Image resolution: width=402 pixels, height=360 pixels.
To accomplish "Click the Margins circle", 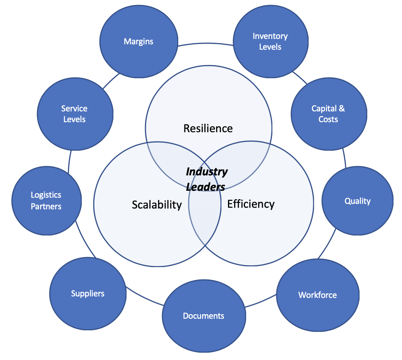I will pyautogui.click(x=138, y=42).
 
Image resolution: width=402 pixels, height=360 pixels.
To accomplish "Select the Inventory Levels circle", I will pyautogui.click(x=270, y=42).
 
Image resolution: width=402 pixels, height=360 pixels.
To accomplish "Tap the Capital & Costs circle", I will pyautogui.click(x=328, y=114).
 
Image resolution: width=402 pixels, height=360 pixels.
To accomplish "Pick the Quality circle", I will pyautogui.click(x=357, y=201).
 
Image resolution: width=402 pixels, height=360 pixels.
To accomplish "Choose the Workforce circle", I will pyautogui.click(x=317, y=295).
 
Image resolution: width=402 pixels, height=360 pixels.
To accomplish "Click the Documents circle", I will pyautogui.click(x=204, y=316).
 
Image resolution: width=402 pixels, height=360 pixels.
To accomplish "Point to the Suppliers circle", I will pyautogui.click(x=88, y=294).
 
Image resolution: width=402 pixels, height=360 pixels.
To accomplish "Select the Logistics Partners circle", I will pyautogui.click(x=46, y=201).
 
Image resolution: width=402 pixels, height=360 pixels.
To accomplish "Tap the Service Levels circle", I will pyautogui.click(x=74, y=114).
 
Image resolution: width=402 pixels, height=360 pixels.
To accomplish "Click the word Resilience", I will pyautogui.click(x=208, y=128).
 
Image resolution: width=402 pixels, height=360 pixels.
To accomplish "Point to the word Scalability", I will pyautogui.click(x=157, y=205).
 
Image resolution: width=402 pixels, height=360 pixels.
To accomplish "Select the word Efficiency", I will pyautogui.click(x=251, y=204).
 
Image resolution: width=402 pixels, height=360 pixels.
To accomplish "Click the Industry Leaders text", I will pyautogui.click(x=206, y=179).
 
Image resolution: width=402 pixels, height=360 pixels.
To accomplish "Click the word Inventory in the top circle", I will pyautogui.click(x=270, y=36).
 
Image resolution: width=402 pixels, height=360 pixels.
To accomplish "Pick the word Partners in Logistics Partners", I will pyautogui.click(x=46, y=207).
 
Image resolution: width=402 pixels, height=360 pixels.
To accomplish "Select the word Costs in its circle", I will pyautogui.click(x=328, y=119).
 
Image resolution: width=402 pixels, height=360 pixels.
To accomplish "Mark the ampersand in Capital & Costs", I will pyautogui.click(x=341, y=109).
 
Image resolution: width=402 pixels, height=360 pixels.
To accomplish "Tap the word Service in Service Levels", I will pyautogui.click(x=74, y=109).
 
